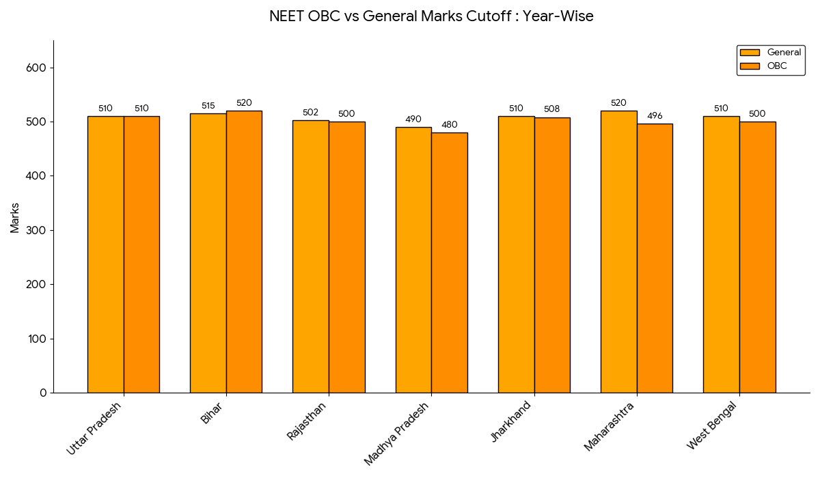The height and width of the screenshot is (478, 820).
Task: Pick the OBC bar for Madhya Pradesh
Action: [449, 262]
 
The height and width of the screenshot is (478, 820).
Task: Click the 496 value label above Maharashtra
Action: [655, 115]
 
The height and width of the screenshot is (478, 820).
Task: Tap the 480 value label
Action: [449, 124]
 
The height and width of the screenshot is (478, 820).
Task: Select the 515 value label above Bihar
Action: [208, 106]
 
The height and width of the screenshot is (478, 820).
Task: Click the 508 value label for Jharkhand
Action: [552, 109]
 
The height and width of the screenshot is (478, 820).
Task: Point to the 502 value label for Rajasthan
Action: [310, 113]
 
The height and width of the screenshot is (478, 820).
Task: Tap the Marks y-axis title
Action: [15, 218]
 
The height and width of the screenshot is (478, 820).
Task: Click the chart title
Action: [431, 16]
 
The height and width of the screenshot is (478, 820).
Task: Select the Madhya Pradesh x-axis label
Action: [397, 434]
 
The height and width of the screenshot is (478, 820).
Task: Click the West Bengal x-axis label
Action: [712, 426]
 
